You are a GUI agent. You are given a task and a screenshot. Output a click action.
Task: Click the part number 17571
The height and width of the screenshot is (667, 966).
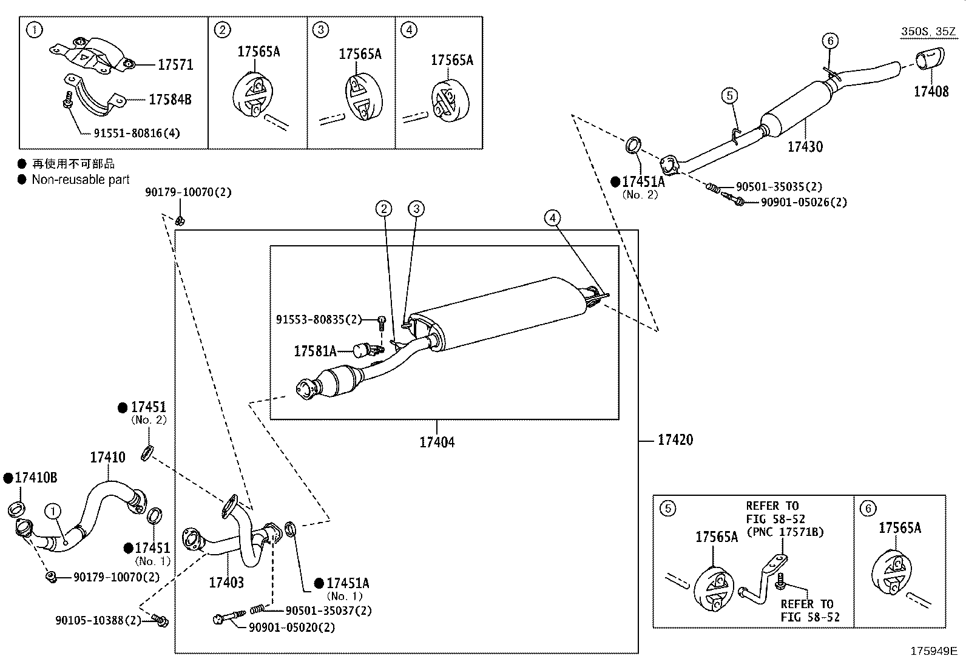point(175,65)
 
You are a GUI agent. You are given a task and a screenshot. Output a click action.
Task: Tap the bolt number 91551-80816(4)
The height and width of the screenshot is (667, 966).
point(137,133)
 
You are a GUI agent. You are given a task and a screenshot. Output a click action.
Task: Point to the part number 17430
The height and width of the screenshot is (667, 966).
point(805,146)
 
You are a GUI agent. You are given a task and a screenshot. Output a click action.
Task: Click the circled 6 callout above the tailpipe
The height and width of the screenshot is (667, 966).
point(830,41)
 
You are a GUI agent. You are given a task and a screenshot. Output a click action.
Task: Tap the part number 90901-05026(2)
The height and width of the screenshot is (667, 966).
point(803,202)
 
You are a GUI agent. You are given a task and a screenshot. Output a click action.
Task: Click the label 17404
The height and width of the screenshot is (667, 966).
point(437,442)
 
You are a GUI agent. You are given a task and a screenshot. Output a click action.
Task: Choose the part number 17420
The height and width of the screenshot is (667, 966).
point(675,439)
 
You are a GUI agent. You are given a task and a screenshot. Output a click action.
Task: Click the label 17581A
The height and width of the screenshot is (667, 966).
point(315,351)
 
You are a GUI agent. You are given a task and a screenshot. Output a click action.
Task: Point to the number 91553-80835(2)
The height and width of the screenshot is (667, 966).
point(319,319)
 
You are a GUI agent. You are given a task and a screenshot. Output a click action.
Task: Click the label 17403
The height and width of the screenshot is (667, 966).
point(226,583)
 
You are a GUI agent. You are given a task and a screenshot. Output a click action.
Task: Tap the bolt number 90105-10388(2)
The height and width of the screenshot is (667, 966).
point(98,620)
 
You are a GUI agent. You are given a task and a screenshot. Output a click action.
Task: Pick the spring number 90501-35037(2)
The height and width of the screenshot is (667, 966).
point(328,611)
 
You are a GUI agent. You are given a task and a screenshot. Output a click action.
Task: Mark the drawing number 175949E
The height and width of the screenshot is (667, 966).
point(933,652)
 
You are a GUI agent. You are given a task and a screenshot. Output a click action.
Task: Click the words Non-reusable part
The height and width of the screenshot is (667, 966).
point(81,180)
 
